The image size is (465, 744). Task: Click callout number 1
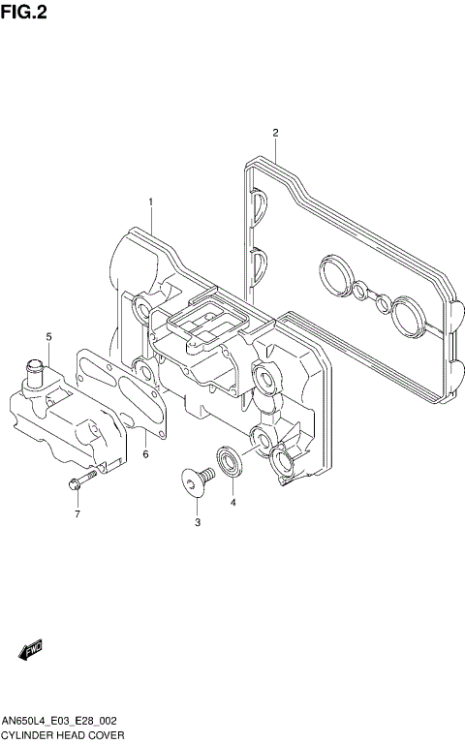point(152,201)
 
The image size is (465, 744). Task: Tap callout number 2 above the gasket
point(275,133)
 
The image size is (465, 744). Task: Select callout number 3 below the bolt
point(197,523)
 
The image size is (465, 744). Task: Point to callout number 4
point(232,503)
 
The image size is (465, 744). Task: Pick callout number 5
point(47,336)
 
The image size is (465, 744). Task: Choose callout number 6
point(145,453)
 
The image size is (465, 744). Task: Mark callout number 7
point(77,514)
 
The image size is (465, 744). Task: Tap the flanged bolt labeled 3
point(196,480)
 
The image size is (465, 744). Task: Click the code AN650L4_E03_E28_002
point(60,722)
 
